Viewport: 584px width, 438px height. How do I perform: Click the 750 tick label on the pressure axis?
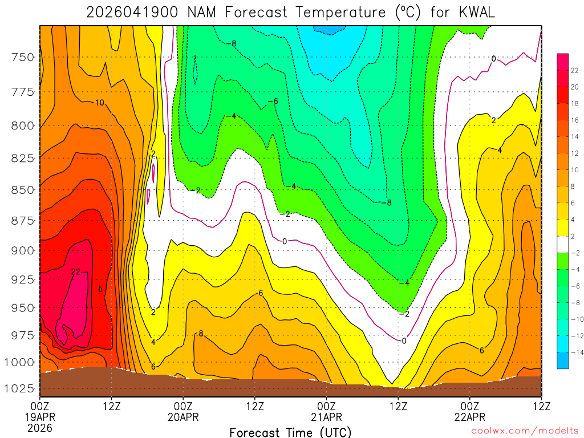[x=23, y=57]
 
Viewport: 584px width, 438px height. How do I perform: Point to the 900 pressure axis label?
[x=23, y=250]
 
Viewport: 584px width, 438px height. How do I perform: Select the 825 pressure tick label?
[x=23, y=158]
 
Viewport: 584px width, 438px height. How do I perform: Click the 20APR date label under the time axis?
[x=182, y=417]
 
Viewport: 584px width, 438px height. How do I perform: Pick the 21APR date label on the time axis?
[x=326, y=417]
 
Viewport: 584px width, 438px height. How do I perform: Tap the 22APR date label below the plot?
[x=469, y=417]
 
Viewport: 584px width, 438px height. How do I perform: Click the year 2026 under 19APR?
[x=40, y=427]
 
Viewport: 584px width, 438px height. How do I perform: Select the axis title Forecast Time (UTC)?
[x=290, y=432]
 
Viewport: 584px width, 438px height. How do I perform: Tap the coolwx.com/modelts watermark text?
[x=524, y=432]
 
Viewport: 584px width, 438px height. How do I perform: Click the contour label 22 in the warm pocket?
[x=76, y=272]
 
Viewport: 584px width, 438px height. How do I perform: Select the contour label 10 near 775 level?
[x=100, y=103]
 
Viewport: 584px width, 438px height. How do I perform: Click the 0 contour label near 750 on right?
[x=493, y=58]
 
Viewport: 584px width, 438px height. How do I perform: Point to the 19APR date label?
[x=40, y=417]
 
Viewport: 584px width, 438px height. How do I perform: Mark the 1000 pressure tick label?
[x=19, y=362]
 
